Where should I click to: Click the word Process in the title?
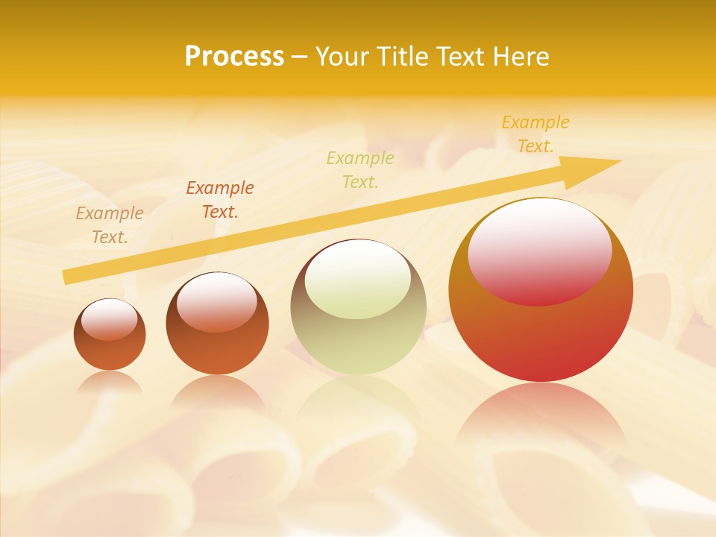234,57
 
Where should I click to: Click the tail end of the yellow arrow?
67,277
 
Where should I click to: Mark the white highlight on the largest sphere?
539,251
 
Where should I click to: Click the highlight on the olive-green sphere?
358,279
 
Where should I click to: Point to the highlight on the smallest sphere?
110,319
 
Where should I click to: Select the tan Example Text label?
110,225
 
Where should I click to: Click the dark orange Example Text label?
220,200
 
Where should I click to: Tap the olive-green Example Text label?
360,170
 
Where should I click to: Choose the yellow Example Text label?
536,134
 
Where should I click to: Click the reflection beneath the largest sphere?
541,418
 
